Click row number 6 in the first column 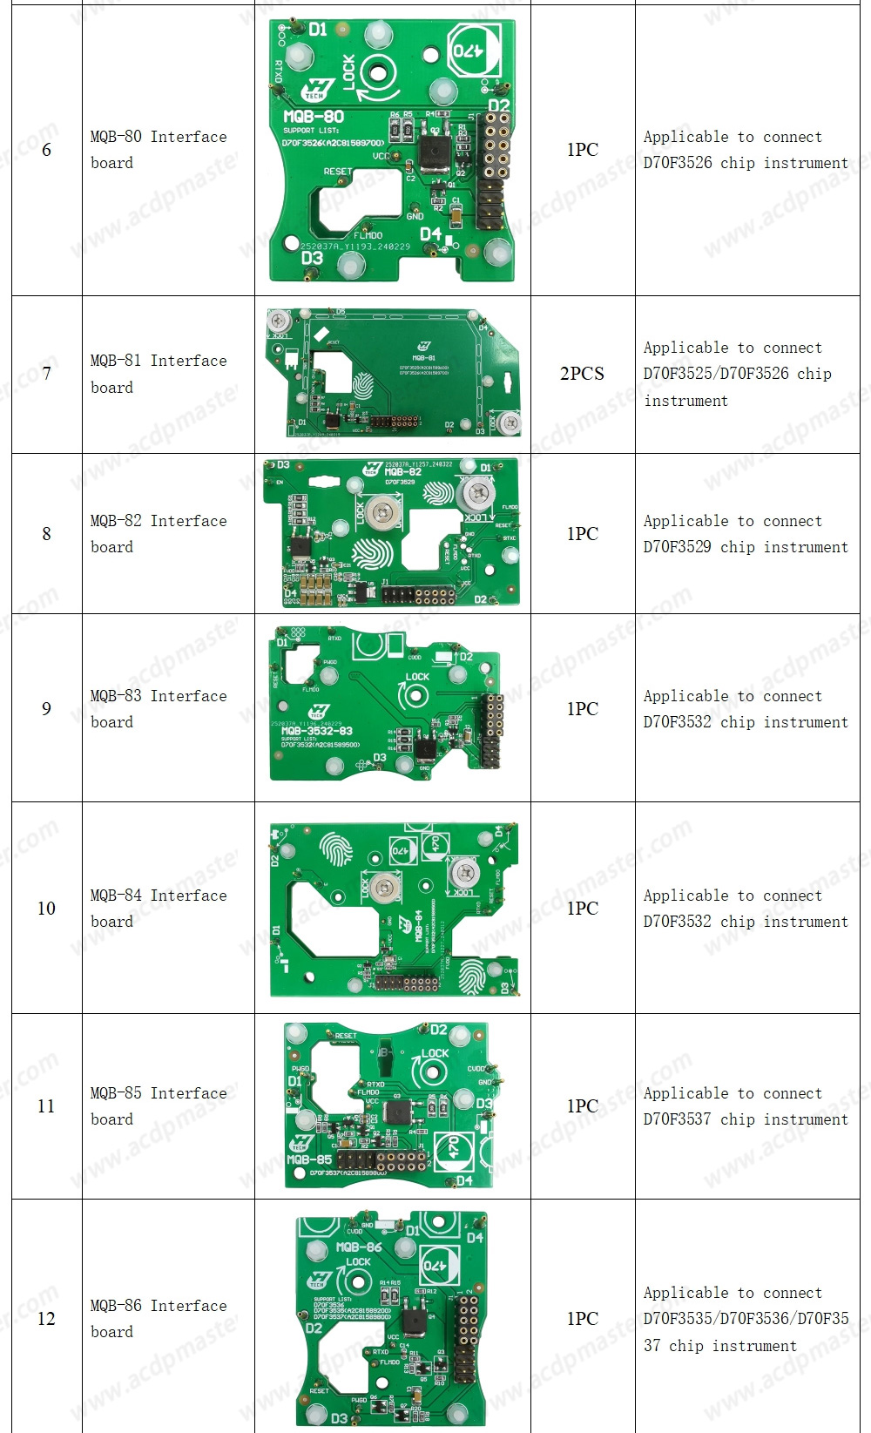[x=46, y=150]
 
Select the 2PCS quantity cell [x=582, y=374]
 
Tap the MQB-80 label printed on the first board [x=314, y=117]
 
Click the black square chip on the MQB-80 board [x=434, y=152]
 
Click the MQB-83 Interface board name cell [x=159, y=708]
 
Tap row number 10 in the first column [x=46, y=909]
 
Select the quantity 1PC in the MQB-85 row [x=582, y=1106]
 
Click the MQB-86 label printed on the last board [x=359, y=1247]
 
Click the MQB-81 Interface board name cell [x=159, y=374]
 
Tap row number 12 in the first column [x=46, y=1319]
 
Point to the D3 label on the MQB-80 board [x=312, y=258]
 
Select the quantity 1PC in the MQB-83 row [x=582, y=709]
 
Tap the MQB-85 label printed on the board [x=309, y=1159]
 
